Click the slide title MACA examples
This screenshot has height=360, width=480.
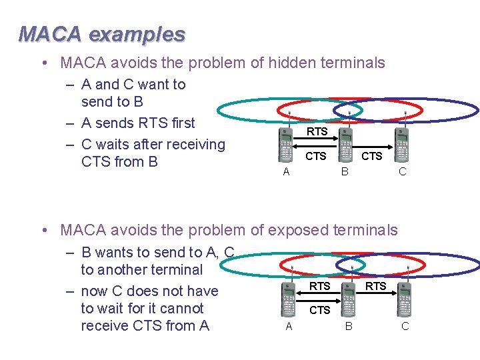102,33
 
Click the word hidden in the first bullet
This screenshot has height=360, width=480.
271,63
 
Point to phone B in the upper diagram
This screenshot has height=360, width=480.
345,145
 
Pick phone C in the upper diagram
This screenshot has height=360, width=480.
401,145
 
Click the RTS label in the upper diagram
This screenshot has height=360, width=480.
317,132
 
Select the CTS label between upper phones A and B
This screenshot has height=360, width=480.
316,157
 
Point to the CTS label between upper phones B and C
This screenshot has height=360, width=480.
371,157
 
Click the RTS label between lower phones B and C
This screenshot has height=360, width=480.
376,286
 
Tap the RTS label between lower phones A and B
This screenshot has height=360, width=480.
320,286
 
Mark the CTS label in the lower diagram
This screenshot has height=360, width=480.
320,310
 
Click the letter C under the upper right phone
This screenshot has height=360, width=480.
402,171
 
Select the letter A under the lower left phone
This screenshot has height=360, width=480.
289,326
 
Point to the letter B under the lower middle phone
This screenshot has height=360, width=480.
348,326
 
